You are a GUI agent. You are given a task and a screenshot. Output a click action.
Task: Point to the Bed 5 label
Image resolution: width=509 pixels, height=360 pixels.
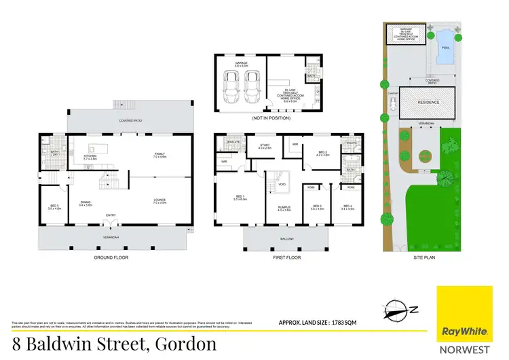point(54,207)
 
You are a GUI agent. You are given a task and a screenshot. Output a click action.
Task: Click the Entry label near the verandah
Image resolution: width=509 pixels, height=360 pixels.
point(111,216)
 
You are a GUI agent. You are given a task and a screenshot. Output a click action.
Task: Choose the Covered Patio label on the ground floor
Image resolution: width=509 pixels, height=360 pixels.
point(129,120)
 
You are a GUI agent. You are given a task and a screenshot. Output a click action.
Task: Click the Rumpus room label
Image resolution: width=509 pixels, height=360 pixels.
point(284,209)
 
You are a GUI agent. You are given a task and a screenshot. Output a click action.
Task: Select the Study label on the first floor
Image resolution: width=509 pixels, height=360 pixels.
point(265,145)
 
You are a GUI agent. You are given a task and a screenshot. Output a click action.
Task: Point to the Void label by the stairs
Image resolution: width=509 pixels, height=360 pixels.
point(282,183)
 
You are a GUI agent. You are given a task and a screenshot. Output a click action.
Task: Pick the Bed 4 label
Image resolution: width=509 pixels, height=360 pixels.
point(347,207)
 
